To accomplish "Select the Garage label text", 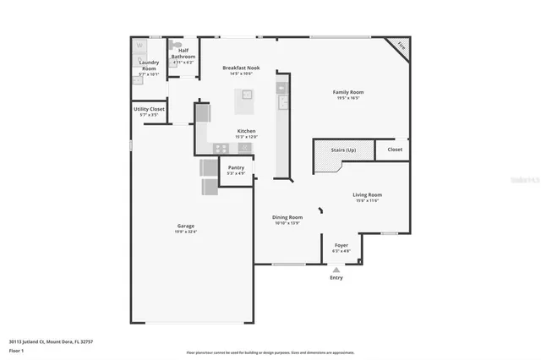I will point(186,226).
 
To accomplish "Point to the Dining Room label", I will point(287,217).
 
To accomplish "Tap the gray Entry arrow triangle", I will point(336,270).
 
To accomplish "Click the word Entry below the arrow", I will point(336,277).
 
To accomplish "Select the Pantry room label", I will point(236,167).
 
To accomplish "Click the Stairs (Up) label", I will point(342,149).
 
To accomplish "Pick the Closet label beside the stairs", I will point(395,149).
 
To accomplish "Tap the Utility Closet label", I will point(149,109).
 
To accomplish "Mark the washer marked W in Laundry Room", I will point(140,46).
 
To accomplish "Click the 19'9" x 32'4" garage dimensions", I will point(186,232).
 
